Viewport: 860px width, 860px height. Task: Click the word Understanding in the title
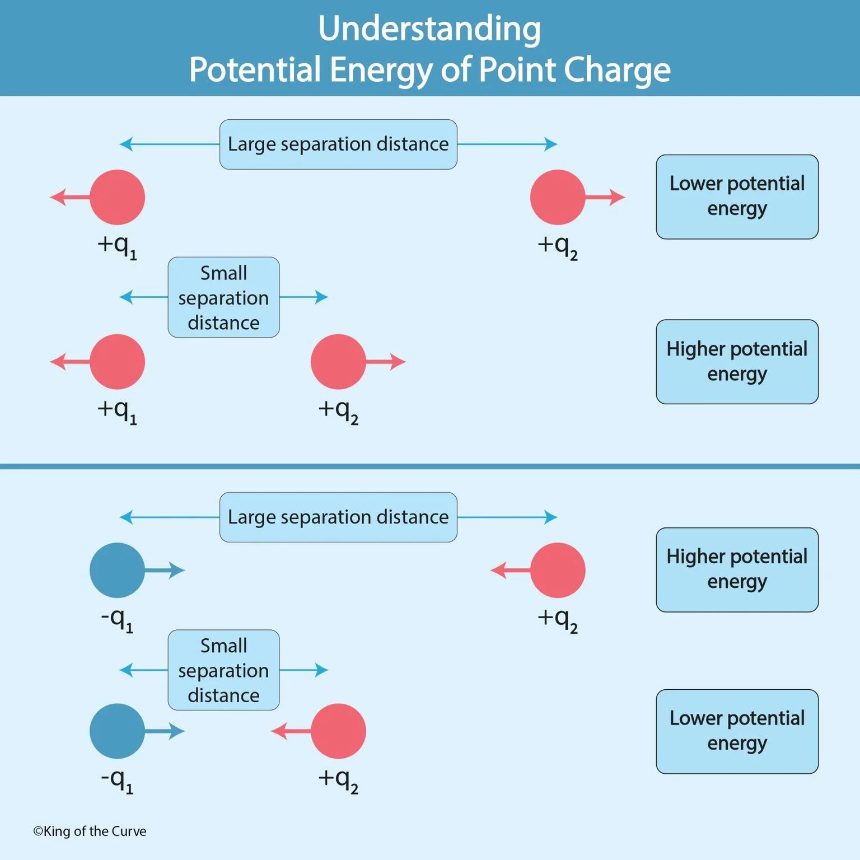pyautogui.click(x=429, y=29)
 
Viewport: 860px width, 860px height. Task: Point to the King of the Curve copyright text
pyautogui.click(x=90, y=831)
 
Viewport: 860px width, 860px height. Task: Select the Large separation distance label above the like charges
pyautogui.click(x=338, y=144)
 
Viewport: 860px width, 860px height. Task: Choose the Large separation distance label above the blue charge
pyautogui.click(x=338, y=517)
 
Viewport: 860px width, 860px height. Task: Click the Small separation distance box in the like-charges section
pyautogui.click(x=223, y=297)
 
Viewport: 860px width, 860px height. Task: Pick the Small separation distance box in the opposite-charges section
pyautogui.click(x=223, y=670)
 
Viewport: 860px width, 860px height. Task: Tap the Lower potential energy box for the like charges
pyautogui.click(x=737, y=197)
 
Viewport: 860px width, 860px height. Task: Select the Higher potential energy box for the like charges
pyautogui.click(x=737, y=362)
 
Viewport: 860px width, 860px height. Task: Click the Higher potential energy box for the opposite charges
pyautogui.click(x=737, y=569)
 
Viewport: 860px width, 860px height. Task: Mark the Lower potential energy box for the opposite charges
pyautogui.click(x=737, y=731)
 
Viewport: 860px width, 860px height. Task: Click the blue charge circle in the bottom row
pyautogui.click(x=117, y=731)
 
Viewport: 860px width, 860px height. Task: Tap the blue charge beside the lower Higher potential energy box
pyautogui.click(x=117, y=570)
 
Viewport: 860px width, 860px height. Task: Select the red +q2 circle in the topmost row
pyautogui.click(x=558, y=197)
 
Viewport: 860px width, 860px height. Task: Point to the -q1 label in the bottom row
pyautogui.click(x=117, y=779)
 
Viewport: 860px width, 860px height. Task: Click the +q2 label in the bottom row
pyautogui.click(x=338, y=779)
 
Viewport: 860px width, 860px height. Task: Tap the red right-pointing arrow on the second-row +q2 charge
pyautogui.click(x=386, y=362)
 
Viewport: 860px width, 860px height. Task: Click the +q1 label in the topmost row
pyautogui.click(x=117, y=246)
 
